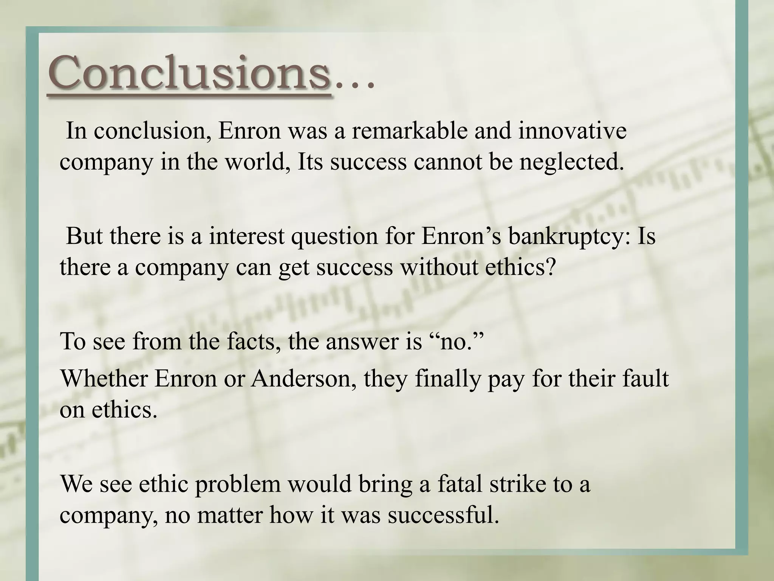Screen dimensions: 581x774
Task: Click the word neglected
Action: click(x=571, y=162)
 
